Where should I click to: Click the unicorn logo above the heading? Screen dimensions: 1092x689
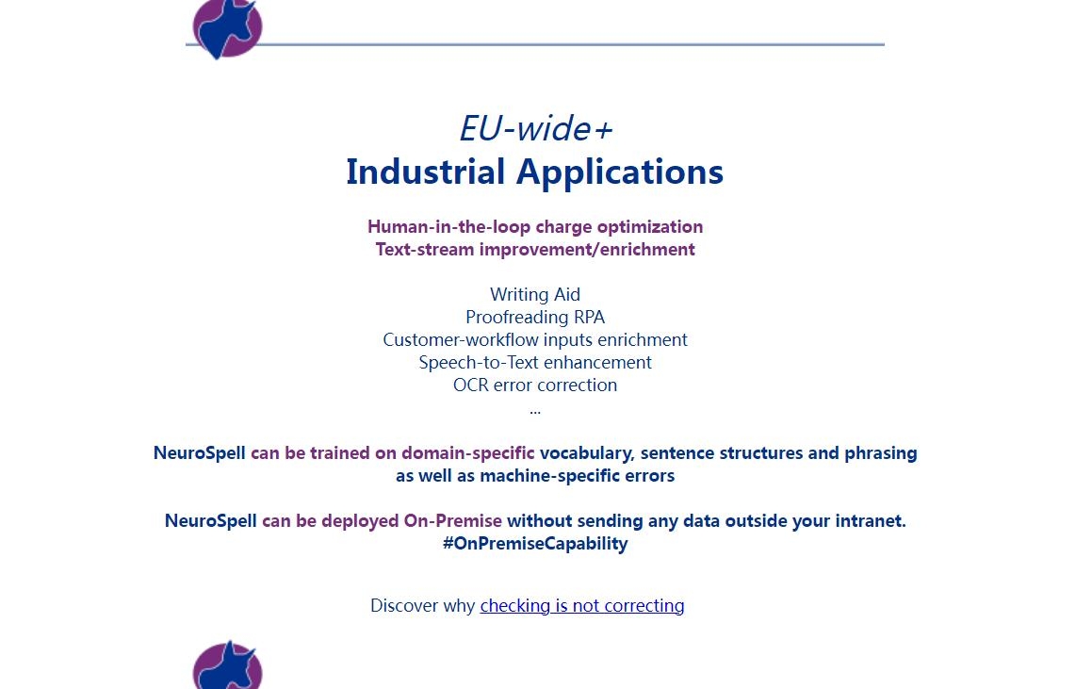click(x=227, y=28)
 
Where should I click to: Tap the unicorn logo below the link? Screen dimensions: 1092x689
click(x=227, y=665)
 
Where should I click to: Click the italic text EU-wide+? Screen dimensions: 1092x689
click(x=535, y=129)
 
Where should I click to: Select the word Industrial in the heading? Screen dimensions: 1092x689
click(x=426, y=172)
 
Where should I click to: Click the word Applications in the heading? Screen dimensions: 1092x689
click(x=620, y=172)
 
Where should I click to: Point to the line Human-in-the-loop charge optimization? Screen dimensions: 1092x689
click(x=535, y=227)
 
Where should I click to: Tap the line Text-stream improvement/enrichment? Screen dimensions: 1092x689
click(x=535, y=250)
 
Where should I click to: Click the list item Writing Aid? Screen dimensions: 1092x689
click(x=535, y=295)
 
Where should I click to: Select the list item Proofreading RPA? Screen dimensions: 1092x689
click(x=535, y=318)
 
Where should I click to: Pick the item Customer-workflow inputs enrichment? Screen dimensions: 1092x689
click(x=535, y=340)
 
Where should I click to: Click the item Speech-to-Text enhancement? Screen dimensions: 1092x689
click(x=535, y=362)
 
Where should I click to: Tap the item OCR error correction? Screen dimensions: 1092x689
click(x=535, y=386)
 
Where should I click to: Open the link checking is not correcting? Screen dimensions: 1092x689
click(x=582, y=606)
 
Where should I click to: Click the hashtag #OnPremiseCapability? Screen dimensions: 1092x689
click(x=535, y=544)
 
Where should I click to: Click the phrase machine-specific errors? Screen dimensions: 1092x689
click(x=578, y=476)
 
